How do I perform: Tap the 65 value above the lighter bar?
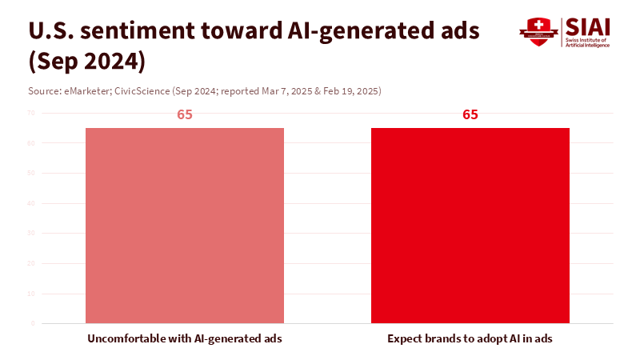pyautogui.click(x=185, y=114)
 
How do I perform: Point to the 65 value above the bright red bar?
pyautogui.click(x=470, y=114)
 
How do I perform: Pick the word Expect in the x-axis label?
pyautogui.click(x=406, y=338)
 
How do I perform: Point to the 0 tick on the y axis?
pyautogui.click(x=33, y=323)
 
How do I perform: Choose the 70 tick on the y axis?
pyautogui.click(x=30, y=113)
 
